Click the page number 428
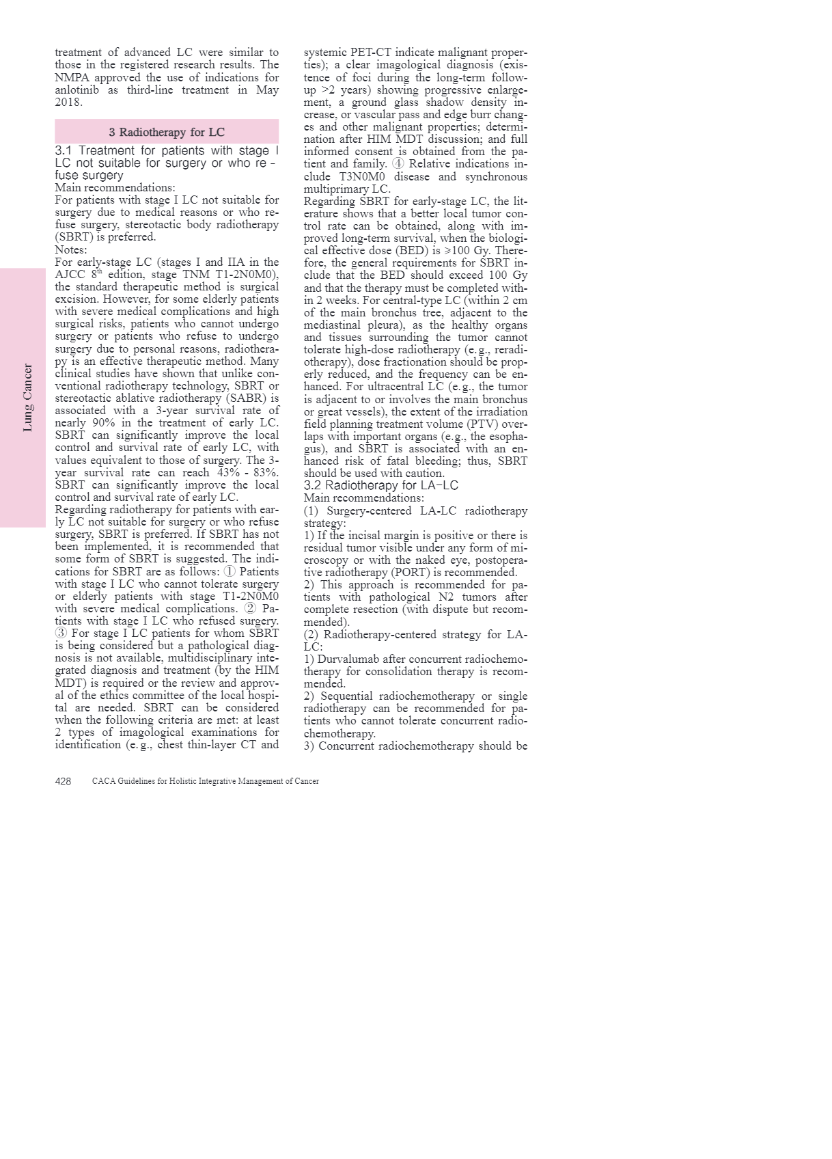(x=63, y=781)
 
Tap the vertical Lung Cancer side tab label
(x=27, y=398)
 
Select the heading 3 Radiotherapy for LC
(x=167, y=132)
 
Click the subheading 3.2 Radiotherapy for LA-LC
(x=380, y=485)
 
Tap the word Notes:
(x=71, y=249)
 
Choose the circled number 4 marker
(x=398, y=164)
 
